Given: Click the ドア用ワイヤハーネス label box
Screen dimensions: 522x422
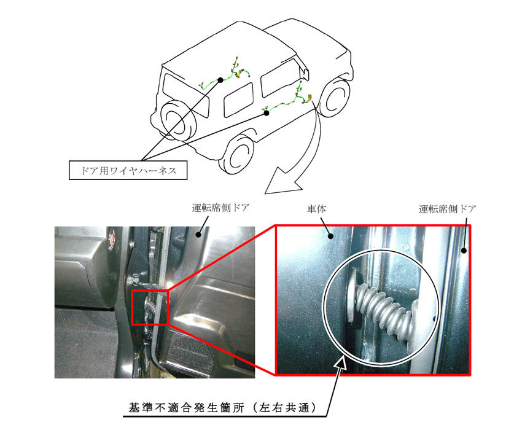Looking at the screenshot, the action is (x=128, y=171).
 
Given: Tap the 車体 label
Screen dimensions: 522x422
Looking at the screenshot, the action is (x=316, y=209).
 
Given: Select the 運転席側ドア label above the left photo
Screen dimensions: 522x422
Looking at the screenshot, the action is (x=220, y=208).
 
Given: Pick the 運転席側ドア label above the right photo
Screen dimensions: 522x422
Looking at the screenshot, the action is (x=448, y=209).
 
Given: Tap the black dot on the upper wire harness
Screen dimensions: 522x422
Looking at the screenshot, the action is (x=220, y=80).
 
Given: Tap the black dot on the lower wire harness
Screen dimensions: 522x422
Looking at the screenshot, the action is (x=267, y=113).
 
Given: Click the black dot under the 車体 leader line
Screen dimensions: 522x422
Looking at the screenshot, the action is (x=330, y=236).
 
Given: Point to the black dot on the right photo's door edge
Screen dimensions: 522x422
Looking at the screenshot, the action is (x=464, y=251).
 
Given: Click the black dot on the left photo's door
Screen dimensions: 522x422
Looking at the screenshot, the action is (x=198, y=235).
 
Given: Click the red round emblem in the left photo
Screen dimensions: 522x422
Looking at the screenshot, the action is (x=112, y=240).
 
